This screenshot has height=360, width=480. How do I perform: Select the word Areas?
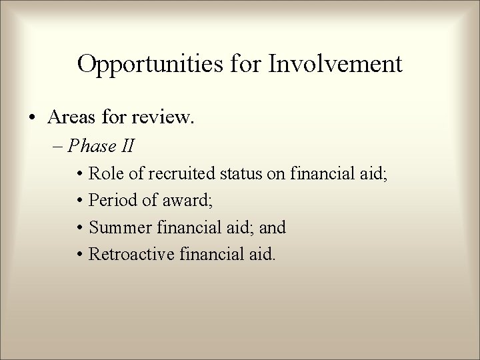point(71,117)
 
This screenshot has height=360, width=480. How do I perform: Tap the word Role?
point(105,175)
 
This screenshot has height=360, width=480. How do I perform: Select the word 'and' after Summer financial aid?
point(273,228)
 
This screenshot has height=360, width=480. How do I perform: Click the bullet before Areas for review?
point(33,118)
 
